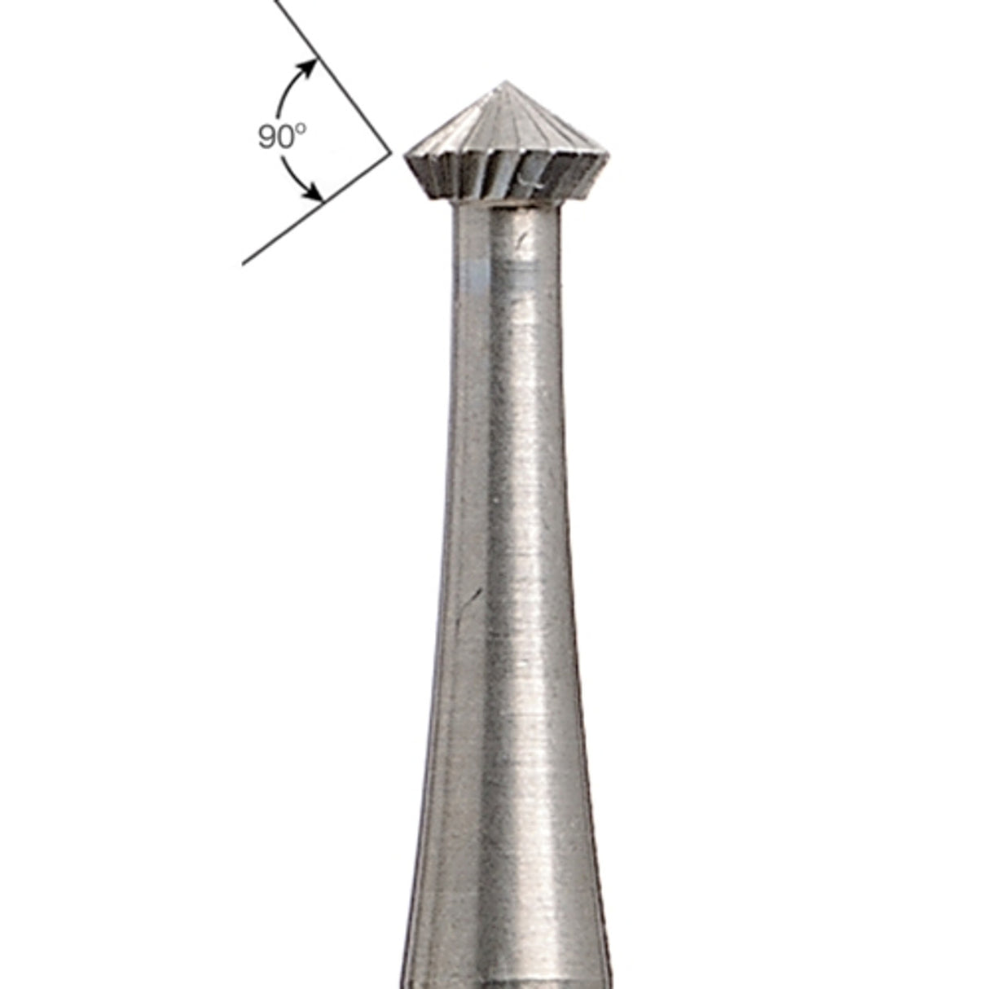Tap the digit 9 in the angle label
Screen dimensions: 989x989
(x=268, y=138)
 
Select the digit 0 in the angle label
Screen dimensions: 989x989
(x=286, y=138)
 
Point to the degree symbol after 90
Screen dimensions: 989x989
(x=301, y=130)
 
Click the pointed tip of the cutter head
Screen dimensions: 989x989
(x=505, y=83)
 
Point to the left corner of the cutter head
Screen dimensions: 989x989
(x=407, y=155)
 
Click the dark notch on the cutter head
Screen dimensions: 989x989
(x=531, y=176)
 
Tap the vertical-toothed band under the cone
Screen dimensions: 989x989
(x=473, y=175)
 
